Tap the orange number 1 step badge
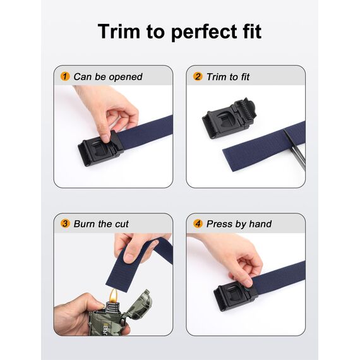pyautogui.click(x=64, y=77)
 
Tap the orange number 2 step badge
pyautogui.click(x=198, y=77)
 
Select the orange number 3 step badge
pyautogui.click(x=64, y=224)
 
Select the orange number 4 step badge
pyautogui.click(x=198, y=224)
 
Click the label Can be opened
pyautogui.click(x=107, y=77)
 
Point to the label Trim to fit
pyautogui.click(x=228, y=77)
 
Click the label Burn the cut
pyautogui.click(x=101, y=224)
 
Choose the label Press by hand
pyautogui.click(x=239, y=224)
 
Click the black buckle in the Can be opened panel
pyautogui.click(x=99, y=148)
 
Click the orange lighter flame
pyautogui.click(x=114, y=294)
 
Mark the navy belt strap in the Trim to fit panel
pyautogui.click(x=259, y=152)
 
